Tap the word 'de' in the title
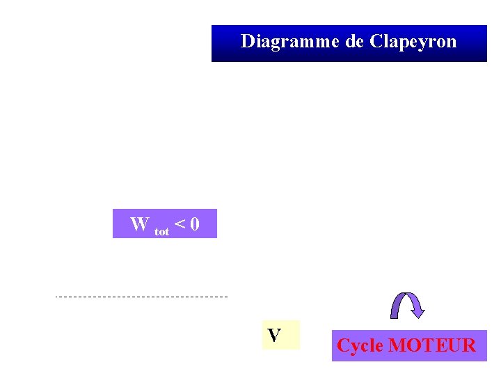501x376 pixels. pos(354,42)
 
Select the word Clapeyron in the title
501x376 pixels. pos(414,42)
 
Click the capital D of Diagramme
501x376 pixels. pos(248,41)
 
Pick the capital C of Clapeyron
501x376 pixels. pos(376,41)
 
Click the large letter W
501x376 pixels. pos(139,224)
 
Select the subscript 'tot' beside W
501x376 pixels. pos(161,230)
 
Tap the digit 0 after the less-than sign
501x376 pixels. pos(194,224)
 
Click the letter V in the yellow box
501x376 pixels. pos(274,336)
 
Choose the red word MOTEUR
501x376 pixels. pos(431,345)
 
